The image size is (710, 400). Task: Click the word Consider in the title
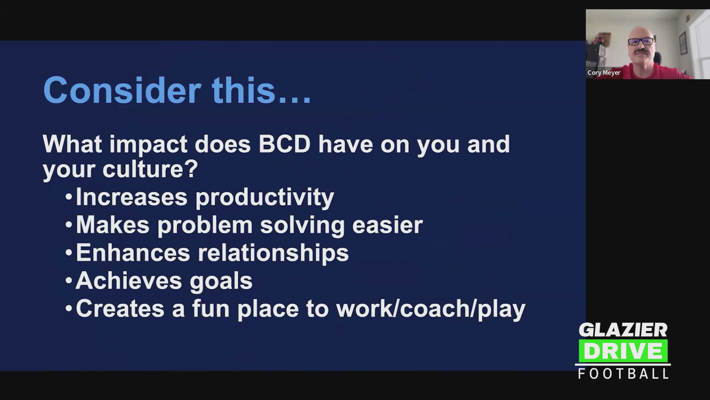[x=122, y=90]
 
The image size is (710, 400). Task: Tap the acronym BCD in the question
[x=284, y=144]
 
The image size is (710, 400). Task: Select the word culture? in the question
[x=150, y=169]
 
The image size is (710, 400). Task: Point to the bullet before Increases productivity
[x=68, y=197]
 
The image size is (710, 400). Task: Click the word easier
[x=388, y=225]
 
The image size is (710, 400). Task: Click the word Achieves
[x=129, y=281]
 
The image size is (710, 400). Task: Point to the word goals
[x=221, y=281]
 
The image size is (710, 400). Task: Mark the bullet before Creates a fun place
[x=68, y=309]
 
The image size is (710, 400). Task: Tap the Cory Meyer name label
[x=604, y=73]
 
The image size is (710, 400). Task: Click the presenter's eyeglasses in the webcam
[x=641, y=41]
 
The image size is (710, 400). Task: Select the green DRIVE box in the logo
[x=623, y=351]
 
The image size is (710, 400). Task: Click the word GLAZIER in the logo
[x=623, y=330]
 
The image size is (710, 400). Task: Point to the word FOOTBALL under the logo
[x=623, y=373]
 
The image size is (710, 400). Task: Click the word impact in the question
[x=148, y=144]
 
